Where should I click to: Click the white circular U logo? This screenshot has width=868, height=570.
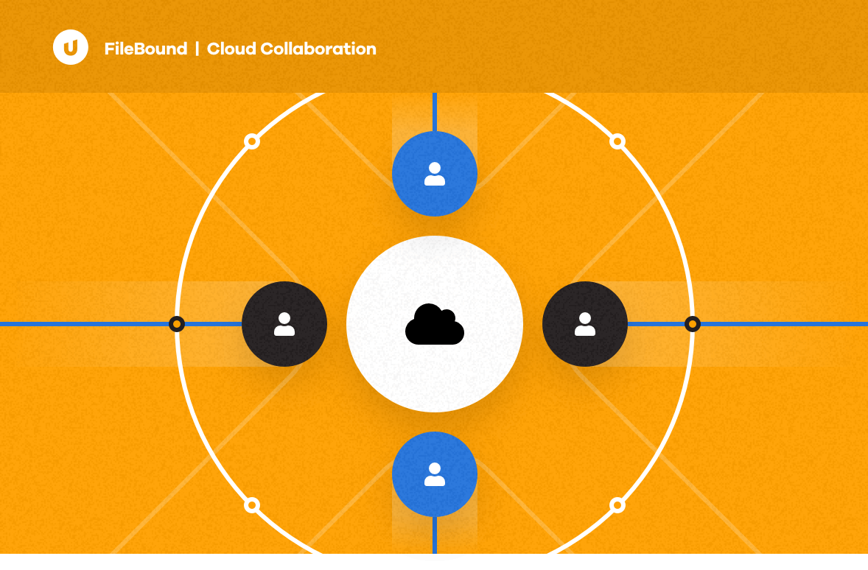coord(71,48)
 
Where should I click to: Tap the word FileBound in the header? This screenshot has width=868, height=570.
coord(146,49)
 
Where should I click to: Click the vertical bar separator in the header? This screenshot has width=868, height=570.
coord(197,49)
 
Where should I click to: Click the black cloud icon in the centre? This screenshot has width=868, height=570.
coord(435,324)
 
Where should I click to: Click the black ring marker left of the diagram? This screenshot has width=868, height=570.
coord(177,324)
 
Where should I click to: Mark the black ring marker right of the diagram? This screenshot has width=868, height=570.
coord(692,324)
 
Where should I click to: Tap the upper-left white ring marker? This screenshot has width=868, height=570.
coord(252,141)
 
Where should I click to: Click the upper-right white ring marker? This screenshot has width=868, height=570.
coord(617,141)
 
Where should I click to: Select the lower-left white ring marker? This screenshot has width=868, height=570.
coord(252,505)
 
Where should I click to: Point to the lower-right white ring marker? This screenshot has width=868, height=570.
coord(617,505)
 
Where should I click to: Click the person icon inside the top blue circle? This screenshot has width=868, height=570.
coord(435,174)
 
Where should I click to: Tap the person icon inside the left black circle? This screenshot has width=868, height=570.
coord(284,324)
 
